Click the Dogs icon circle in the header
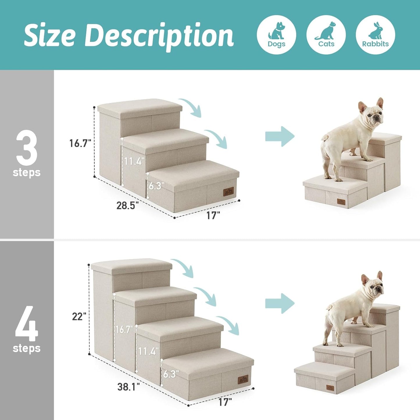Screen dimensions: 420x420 click(x=276, y=35)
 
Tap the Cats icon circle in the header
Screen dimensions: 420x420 click(x=326, y=35)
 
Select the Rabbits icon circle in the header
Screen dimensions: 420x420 click(x=375, y=35)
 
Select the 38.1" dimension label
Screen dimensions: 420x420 click(x=128, y=387)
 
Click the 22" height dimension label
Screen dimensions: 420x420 click(x=79, y=317)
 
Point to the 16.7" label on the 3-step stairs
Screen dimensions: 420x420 click(x=80, y=143)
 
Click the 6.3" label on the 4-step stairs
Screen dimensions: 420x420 click(x=171, y=374)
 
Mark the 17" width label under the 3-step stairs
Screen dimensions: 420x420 click(x=213, y=216)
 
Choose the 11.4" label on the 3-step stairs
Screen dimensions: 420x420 click(x=134, y=161)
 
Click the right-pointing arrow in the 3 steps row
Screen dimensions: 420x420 click(x=280, y=136)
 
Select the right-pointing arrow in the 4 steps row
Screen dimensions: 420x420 click(x=280, y=303)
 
